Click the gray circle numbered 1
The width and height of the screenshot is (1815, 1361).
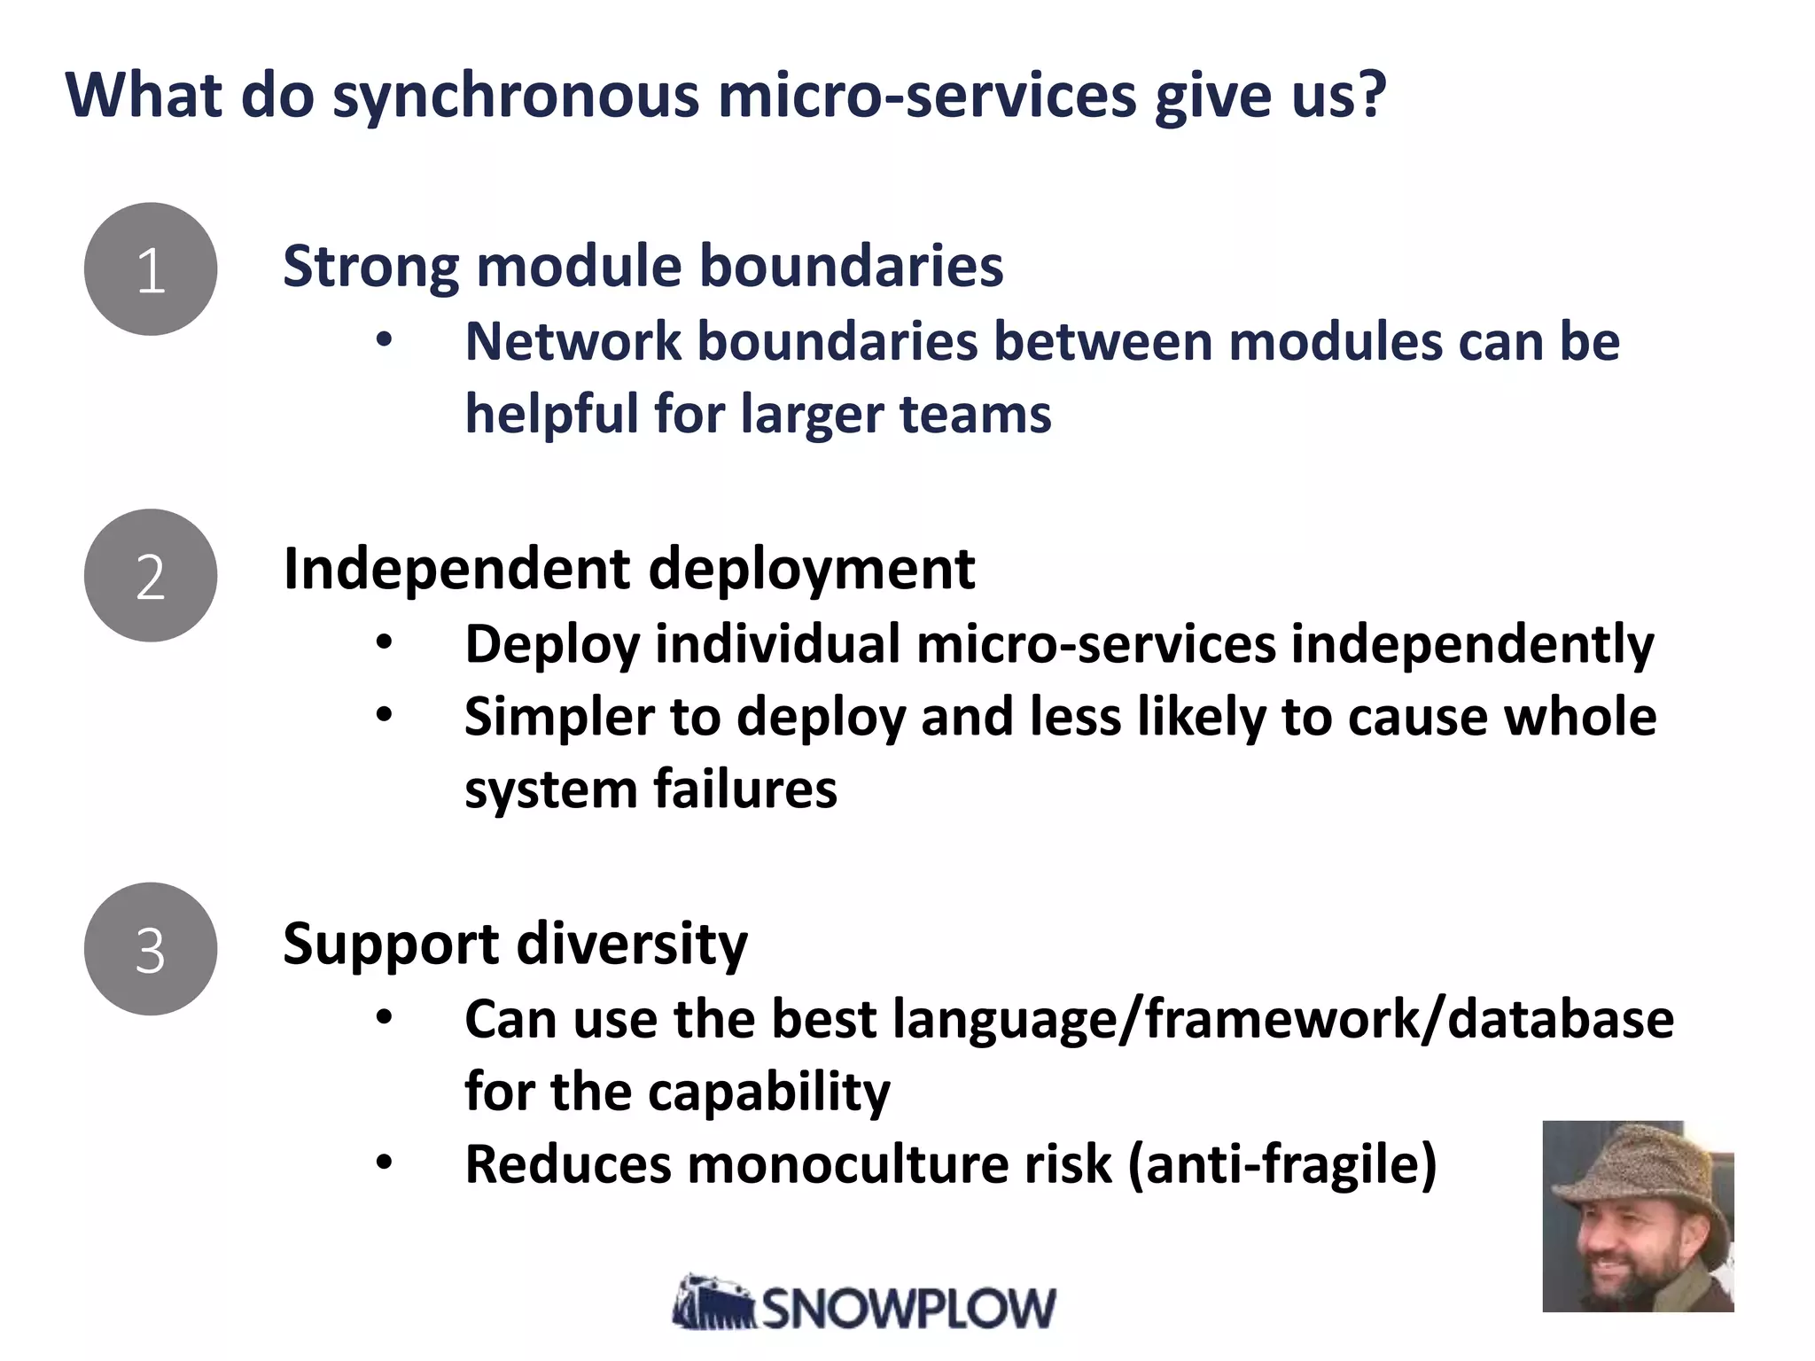click(x=151, y=269)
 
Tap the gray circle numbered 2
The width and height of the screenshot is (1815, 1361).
click(x=151, y=576)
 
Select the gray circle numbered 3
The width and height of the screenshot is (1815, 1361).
click(x=151, y=949)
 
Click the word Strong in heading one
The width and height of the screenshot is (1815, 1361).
click(x=370, y=267)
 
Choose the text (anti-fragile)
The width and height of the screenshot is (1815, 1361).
click(x=1282, y=1164)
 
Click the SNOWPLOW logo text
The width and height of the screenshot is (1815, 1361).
click(x=908, y=1308)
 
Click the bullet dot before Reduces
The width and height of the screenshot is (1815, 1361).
click(x=383, y=1163)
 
